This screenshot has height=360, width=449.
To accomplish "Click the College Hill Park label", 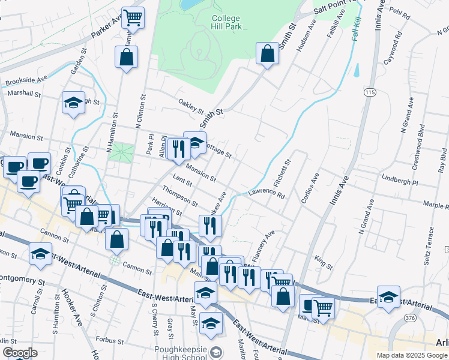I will (x=226, y=22).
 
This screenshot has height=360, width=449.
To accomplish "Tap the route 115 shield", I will (x=369, y=92).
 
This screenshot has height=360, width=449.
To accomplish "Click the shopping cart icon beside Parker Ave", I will (x=133, y=16).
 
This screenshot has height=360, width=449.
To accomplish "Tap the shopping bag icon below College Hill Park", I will (x=267, y=54).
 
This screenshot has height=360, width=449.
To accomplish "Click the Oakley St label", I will (x=191, y=107).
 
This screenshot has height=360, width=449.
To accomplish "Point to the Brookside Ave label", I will (x=26, y=80).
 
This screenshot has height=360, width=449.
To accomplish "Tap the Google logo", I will (x=19, y=353).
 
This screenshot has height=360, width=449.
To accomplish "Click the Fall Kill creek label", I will (x=357, y=28).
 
